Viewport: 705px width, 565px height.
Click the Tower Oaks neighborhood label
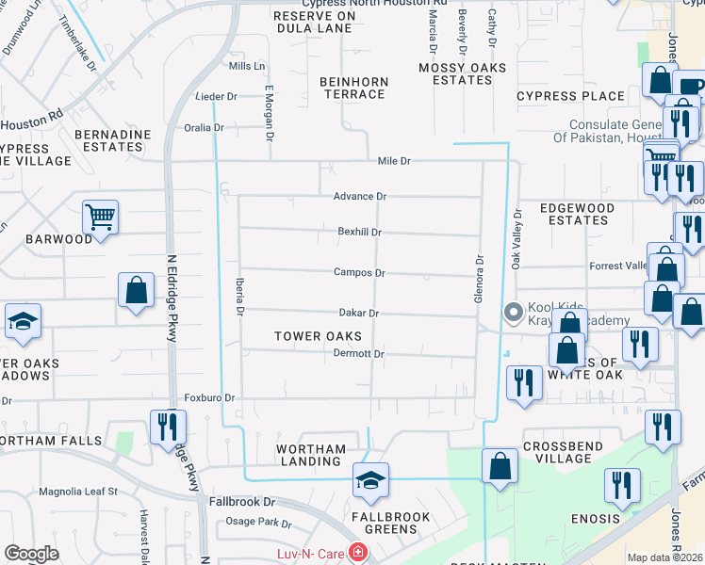click(318, 336)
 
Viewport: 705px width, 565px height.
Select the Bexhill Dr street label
click(359, 232)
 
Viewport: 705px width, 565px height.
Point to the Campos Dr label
click(359, 273)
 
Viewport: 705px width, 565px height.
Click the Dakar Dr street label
click(359, 314)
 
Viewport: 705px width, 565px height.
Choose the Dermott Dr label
click(359, 354)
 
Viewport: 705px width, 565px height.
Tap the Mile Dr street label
click(394, 162)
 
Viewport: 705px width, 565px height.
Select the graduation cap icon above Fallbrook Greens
click(370, 481)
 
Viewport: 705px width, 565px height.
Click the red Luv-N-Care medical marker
click(357, 553)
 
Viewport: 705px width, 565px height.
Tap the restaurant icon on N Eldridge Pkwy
click(167, 427)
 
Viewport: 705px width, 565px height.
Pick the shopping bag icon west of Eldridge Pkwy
click(136, 290)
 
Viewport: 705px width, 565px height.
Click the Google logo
click(32, 554)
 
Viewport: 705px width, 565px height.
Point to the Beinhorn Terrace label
click(353, 88)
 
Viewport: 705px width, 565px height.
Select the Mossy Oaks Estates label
click(462, 73)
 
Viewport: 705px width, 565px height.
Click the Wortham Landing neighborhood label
click(311, 455)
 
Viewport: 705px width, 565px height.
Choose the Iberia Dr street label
click(239, 297)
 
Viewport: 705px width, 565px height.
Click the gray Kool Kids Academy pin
click(514, 312)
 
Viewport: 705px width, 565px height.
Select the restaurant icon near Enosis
click(622, 486)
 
